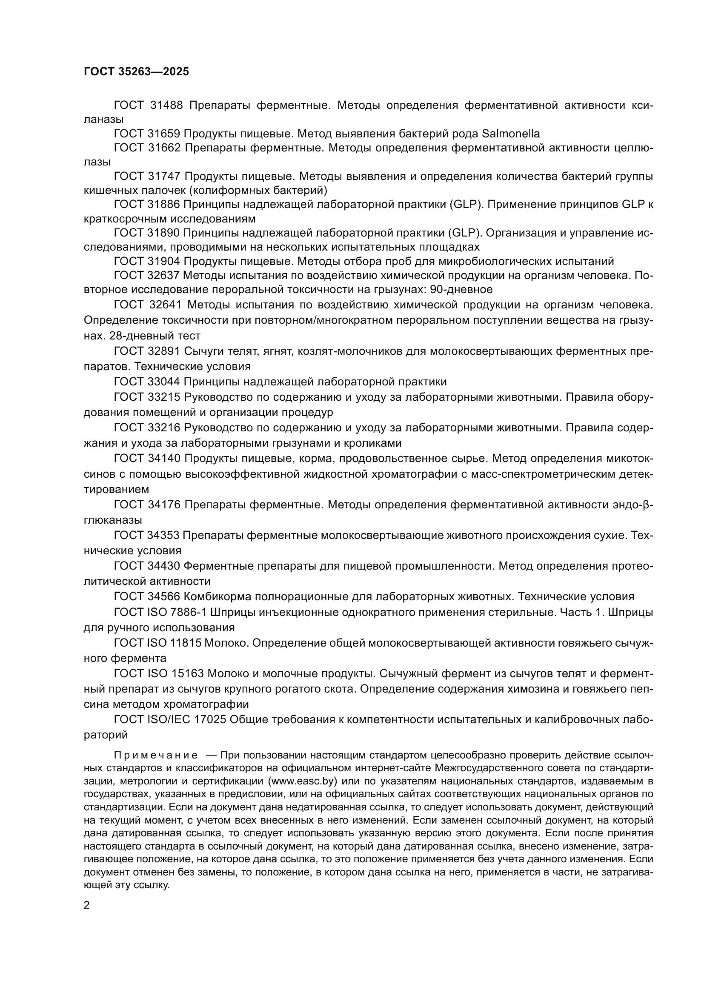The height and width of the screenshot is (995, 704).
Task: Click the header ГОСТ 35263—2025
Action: pos(136,72)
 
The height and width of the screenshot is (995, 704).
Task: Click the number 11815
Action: pos(186,643)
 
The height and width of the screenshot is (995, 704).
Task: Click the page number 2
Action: pos(87,905)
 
